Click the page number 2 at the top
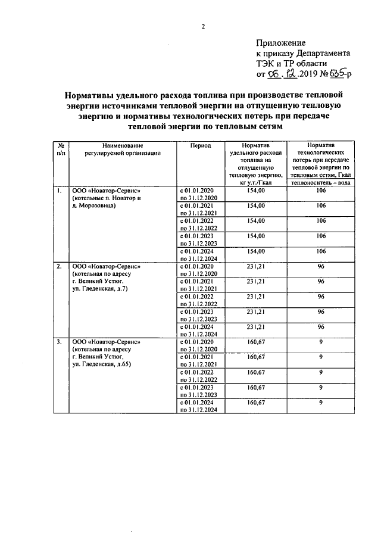coord(203,26)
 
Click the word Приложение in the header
coord(281,43)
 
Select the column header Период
coord(201,145)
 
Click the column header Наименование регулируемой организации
coord(123,149)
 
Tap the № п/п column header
coord(61,149)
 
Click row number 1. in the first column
coord(59,191)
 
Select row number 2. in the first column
coord(59,266)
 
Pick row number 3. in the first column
coord(59,342)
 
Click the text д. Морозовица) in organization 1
coord(93,205)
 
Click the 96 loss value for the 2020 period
coord(321,266)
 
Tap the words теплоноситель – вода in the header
coord(321,183)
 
